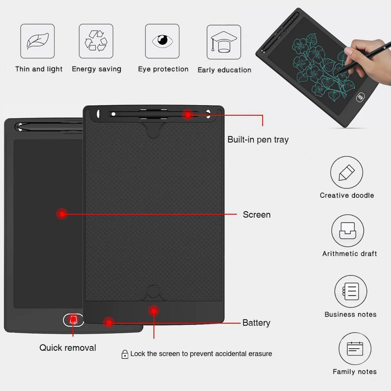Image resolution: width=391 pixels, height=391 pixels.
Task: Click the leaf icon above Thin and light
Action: pos(38,41)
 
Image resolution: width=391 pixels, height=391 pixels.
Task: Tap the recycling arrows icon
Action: pos(96,41)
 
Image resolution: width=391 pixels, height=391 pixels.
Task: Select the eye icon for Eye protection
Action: pos(162,41)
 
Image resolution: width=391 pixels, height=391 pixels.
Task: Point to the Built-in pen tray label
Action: pos(258,140)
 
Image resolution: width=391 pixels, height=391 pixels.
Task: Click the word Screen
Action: pos(256,215)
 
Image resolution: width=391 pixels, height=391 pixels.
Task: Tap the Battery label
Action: pos(256,323)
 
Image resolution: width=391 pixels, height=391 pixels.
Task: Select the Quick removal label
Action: pos(68,348)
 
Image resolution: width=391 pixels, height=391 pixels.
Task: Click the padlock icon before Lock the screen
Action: pos(125,354)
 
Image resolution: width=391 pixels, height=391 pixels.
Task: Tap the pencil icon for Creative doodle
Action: pos(346,172)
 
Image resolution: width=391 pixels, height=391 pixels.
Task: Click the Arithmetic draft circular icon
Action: pos(348,231)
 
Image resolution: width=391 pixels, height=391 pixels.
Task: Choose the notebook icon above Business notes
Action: pos(350,291)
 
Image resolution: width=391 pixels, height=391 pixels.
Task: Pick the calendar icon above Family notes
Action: pos(355,348)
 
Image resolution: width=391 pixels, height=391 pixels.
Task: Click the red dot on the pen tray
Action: pos(188,115)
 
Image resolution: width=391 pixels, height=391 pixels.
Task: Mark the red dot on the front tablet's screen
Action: pos(62,213)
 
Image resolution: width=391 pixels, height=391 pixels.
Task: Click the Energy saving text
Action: pos(97,69)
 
